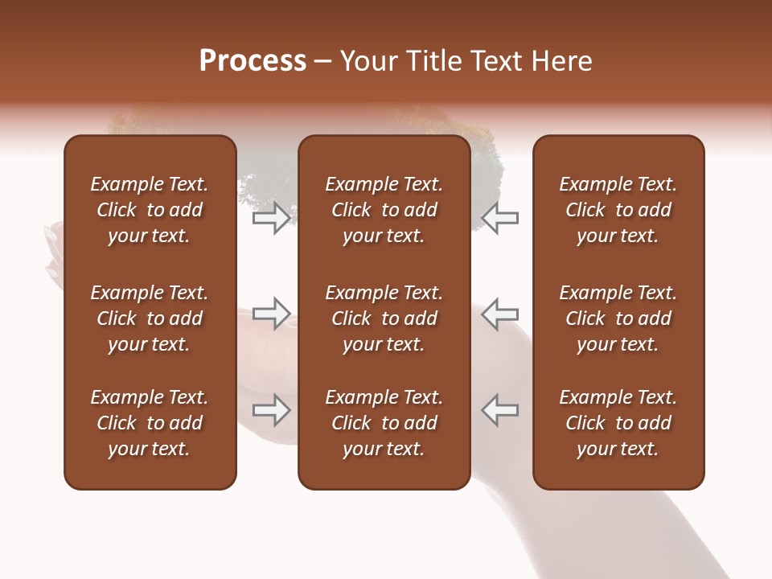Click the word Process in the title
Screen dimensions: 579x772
point(253,61)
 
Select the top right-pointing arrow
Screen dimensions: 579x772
point(272,218)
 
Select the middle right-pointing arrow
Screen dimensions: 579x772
point(272,314)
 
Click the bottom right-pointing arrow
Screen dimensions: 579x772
point(272,410)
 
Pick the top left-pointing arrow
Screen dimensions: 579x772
point(499,218)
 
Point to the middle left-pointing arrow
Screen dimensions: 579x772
point(499,314)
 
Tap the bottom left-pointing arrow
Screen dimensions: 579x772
point(499,410)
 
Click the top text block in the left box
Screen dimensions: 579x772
point(150,210)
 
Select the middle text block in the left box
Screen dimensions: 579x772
point(150,318)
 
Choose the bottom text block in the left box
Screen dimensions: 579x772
point(150,423)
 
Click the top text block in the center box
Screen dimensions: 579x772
point(384,210)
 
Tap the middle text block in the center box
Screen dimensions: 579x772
point(384,318)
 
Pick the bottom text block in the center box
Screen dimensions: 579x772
point(384,423)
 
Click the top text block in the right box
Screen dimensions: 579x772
point(618,210)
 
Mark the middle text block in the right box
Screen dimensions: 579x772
point(618,318)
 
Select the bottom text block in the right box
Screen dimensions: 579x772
point(618,423)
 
